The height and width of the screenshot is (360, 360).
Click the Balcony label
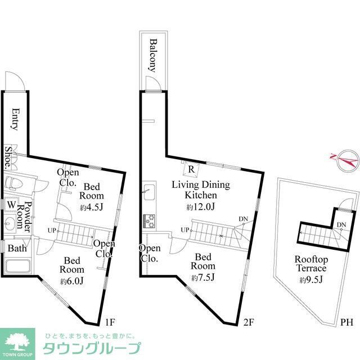click(x=154, y=56)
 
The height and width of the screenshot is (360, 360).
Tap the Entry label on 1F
click(x=15, y=119)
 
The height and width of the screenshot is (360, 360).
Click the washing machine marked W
click(x=11, y=204)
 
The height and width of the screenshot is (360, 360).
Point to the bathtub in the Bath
click(x=18, y=266)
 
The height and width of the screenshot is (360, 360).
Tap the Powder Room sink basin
click(x=10, y=223)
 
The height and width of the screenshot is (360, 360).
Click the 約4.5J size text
click(x=92, y=208)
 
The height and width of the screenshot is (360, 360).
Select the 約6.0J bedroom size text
click(x=71, y=281)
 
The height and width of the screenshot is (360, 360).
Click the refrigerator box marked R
click(x=191, y=169)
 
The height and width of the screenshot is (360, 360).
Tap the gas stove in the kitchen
click(x=149, y=221)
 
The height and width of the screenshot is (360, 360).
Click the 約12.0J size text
click(x=201, y=208)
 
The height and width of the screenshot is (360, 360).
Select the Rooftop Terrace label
click(x=311, y=264)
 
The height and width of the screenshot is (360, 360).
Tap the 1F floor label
click(x=110, y=322)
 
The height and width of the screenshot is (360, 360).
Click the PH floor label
click(x=346, y=322)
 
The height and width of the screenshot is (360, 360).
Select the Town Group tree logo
click(x=17, y=342)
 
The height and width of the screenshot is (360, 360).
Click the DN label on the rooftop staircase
click(x=341, y=224)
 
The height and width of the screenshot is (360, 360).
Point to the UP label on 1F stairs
click(x=52, y=230)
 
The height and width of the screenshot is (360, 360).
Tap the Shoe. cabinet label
click(x=8, y=157)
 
